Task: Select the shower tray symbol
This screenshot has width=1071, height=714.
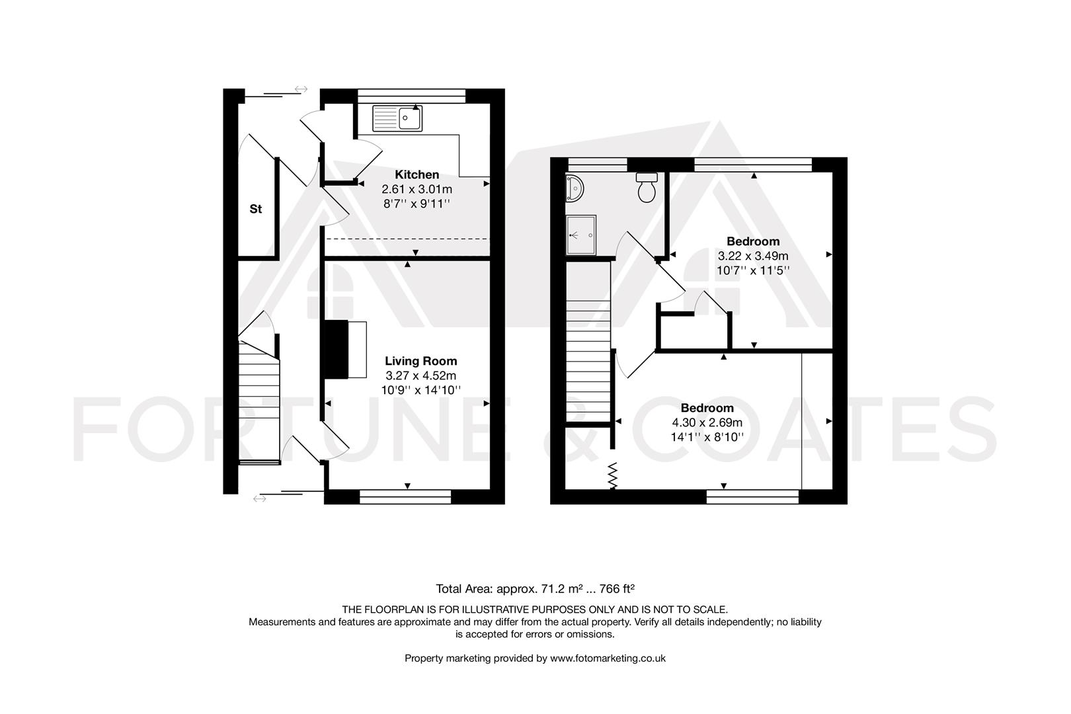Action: click(581, 235)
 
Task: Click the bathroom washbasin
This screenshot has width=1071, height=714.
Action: click(574, 188)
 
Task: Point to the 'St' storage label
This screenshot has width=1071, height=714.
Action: click(256, 209)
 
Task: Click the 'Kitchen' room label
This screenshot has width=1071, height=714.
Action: click(416, 175)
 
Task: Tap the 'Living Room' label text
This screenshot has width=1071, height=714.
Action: click(421, 361)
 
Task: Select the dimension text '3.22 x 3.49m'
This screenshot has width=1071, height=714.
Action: click(753, 256)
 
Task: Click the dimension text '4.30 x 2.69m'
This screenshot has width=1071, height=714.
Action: click(707, 422)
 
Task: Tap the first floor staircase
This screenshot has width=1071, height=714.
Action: click(588, 344)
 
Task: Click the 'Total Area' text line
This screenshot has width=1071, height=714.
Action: click(535, 588)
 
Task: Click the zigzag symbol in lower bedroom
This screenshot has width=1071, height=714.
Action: click(613, 475)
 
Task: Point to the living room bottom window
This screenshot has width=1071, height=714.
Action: click(405, 496)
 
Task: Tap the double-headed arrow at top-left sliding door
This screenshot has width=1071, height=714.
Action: click(301, 89)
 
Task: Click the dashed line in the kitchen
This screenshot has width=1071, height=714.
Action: click(407, 239)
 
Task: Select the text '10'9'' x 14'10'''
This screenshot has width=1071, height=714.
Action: click(421, 389)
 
